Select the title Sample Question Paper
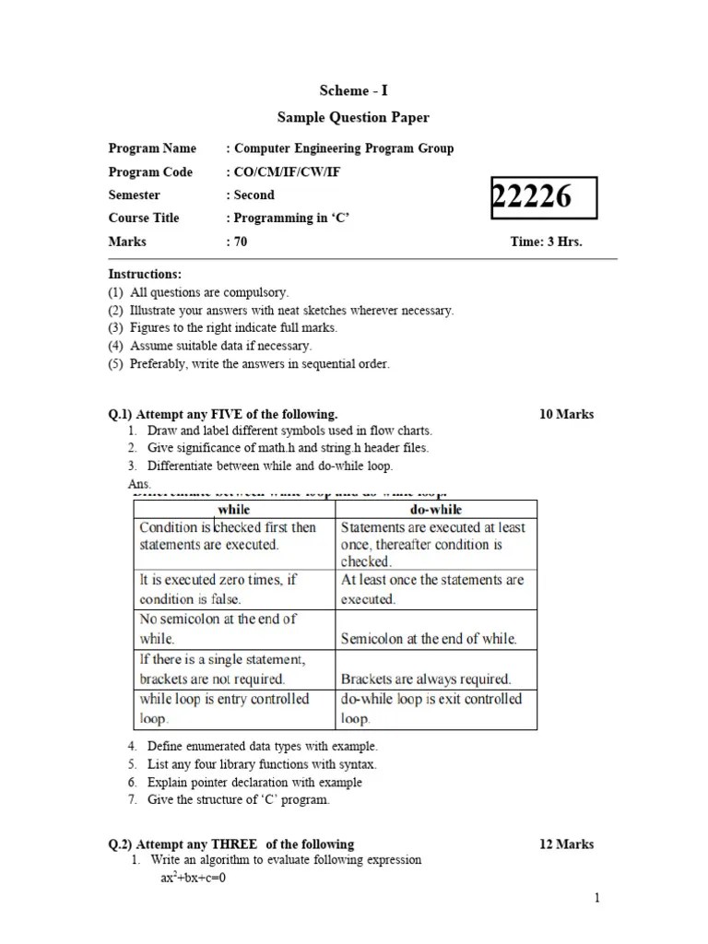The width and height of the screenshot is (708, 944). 353,118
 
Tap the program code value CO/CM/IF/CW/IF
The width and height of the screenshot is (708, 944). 289,172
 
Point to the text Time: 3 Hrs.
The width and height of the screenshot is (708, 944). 547,242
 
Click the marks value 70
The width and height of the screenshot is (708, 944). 240,242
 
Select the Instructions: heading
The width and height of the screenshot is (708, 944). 145,275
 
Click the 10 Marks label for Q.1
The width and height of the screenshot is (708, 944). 566,414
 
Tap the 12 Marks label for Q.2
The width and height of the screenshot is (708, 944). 566,844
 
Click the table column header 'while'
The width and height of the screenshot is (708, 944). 233,509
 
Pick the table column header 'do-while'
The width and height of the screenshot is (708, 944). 434,509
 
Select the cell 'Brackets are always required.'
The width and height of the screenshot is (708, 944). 426,679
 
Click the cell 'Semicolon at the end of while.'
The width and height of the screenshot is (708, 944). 429,638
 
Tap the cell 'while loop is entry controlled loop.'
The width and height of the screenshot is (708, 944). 224,708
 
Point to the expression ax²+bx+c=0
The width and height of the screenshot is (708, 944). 194,878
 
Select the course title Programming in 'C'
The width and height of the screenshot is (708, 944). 292,218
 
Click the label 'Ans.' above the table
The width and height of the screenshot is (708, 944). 139,484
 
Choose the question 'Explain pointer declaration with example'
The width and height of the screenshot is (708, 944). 254,782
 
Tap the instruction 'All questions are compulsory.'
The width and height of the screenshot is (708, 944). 209,293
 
